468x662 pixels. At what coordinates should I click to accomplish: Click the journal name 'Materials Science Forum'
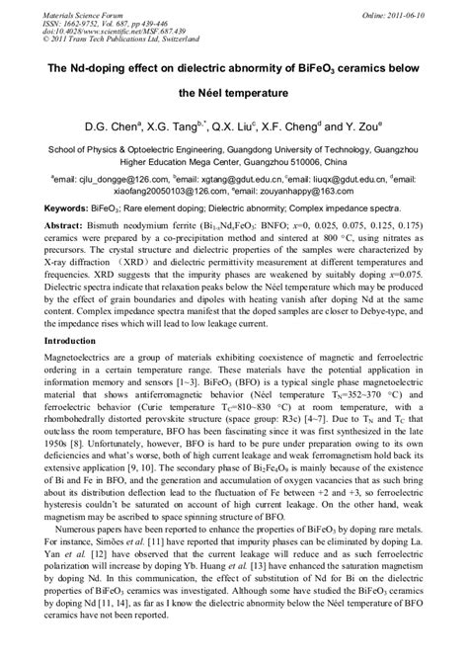tap(70, 9)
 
